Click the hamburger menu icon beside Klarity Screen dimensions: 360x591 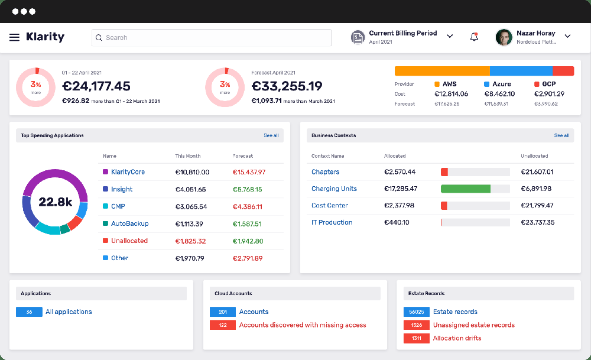click(x=14, y=37)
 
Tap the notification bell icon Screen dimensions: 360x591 click(x=474, y=37)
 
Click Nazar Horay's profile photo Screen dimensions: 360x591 click(x=504, y=37)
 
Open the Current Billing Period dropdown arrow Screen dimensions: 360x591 click(x=450, y=37)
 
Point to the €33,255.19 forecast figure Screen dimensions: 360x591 click(x=287, y=86)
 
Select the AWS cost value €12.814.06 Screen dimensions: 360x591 click(x=451, y=94)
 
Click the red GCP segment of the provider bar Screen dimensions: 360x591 click(x=563, y=71)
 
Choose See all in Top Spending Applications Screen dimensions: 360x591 click(x=271, y=135)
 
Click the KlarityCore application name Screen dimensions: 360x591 click(x=128, y=172)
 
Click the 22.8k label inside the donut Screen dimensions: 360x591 click(x=55, y=202)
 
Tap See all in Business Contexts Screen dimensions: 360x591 click(x=561, y=135)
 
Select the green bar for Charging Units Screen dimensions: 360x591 click(x=466, y=189)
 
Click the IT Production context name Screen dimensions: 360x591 click(x=332, y=222)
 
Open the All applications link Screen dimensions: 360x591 click(x=69, y=312)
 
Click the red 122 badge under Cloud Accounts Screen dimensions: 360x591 click(x=223, y=325)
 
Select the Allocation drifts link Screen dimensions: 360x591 click(x=457, y=338)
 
